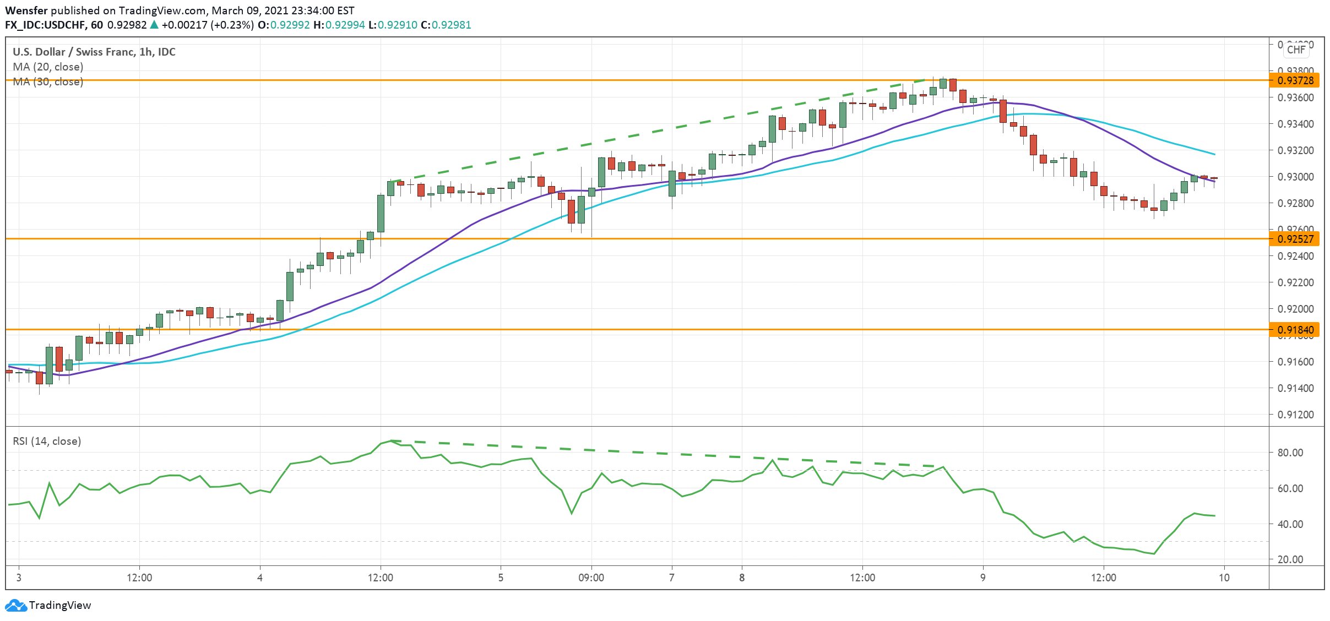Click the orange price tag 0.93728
(x=1295, y=80)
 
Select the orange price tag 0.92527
(x=1295, y=239)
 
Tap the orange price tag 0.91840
(x=1295, y=330)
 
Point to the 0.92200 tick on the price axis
(x=1295, y=282)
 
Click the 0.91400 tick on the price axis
(x=1295, y=388)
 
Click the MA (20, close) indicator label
(x=48, y=67)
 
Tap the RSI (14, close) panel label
(x=47, y=441)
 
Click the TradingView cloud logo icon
(x=15, y=606)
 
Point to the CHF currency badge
(x=1296, y=50)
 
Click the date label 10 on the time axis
(x=1224, y=578)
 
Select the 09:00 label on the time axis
(x=591, y=578)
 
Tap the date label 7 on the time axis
(x=671, y=578)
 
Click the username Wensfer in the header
(x=26, y=10)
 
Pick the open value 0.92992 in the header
(x=290, y=25)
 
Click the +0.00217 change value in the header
(x=184, y=25)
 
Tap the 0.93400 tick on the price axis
(x=1295, y=124)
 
